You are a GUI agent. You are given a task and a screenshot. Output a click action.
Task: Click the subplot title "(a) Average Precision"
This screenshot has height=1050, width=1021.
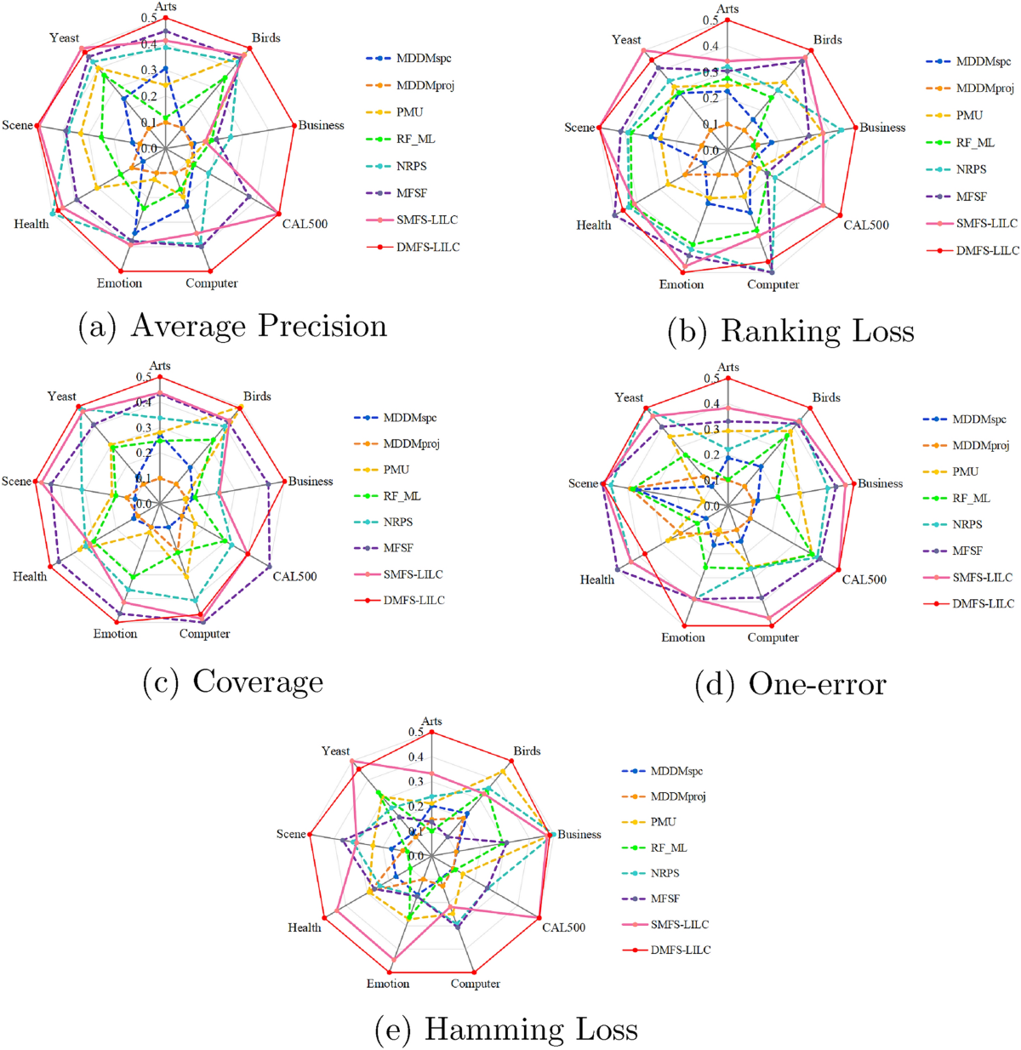point(232,327)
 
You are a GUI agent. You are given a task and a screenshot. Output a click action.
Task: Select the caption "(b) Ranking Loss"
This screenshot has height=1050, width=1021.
point(790,331)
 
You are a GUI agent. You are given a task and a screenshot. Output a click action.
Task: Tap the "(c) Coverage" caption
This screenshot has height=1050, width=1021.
point(233,682)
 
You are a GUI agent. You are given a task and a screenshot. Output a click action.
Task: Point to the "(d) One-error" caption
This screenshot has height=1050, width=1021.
point(790,684)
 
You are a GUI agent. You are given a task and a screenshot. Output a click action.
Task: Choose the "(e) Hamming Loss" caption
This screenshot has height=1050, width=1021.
point(506,1030)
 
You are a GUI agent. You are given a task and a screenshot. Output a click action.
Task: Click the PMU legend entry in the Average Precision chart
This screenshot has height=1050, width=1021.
point(409,112)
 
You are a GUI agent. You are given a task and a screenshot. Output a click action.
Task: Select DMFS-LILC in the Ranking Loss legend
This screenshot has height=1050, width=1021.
point(986,250)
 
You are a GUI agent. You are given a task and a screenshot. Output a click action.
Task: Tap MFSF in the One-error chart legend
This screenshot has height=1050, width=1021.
point(967,551)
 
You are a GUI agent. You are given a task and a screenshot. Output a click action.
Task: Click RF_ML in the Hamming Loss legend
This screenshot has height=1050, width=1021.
point(669,847)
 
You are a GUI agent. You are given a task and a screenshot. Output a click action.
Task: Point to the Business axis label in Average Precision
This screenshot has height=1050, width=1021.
point(321,125)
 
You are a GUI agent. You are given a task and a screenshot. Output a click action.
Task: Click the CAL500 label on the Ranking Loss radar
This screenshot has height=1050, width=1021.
point(866,225)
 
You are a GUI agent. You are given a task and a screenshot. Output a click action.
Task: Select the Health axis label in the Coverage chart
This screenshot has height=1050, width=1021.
point(30,577)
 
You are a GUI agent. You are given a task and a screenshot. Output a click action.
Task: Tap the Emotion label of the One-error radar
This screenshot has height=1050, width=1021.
point(683,637)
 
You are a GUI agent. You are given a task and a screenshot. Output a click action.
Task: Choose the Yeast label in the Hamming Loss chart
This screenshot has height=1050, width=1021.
point(335,750)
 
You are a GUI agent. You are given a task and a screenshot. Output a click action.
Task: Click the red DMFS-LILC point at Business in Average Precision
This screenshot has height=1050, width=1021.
point(294,126)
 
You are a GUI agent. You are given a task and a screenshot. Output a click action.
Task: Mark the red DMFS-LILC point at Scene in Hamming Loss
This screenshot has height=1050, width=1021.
point(311,835)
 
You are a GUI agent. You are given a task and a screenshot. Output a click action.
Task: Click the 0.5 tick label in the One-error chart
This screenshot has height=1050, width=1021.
point(711,379)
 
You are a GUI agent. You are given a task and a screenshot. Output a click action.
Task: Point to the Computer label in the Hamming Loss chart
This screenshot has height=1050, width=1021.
point(475,984)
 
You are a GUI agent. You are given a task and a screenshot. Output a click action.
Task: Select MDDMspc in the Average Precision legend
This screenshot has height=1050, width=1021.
point(424,59)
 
